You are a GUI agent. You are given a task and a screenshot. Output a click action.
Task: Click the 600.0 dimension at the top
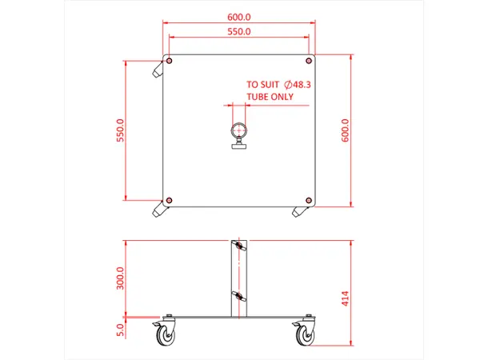(239, 17)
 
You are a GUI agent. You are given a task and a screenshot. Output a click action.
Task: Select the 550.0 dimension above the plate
(239, 32)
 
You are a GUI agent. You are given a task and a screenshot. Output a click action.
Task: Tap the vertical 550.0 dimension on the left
(120, 130)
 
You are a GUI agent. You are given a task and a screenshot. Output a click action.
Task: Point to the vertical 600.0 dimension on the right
(346, 130)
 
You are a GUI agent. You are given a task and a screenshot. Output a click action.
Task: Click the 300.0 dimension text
(120, 278)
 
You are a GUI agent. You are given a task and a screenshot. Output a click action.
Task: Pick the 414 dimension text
(346, 298)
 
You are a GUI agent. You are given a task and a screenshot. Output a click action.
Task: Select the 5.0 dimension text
(120, 327)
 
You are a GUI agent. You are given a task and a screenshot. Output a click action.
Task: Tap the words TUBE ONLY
(270, 97)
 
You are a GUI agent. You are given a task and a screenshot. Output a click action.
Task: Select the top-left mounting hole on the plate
(170, 61)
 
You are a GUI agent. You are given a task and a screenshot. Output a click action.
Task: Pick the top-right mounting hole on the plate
(309, 61)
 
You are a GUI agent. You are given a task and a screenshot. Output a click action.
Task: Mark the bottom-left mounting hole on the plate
(170, 199)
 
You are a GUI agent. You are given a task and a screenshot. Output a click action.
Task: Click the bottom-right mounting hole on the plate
(309, 199)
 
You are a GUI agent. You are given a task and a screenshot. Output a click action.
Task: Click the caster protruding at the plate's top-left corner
(156, 70)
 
